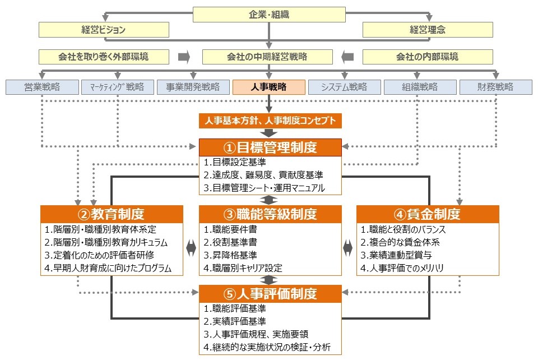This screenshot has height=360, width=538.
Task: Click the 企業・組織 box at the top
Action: point(269,15)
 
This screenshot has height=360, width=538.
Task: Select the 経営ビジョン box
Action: point(104,30)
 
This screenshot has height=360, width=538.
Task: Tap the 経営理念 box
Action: point(428,30)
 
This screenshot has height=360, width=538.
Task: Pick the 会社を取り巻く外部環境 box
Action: point(104,57)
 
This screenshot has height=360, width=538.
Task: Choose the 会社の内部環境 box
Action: point(428,57)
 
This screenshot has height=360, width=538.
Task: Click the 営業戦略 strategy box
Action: point(42,87)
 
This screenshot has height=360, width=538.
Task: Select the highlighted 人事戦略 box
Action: point(269,87)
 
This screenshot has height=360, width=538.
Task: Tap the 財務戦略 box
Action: point(495,87)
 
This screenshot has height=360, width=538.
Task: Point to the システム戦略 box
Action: point(345,87)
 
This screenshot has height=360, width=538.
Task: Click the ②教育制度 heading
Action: point(111,214)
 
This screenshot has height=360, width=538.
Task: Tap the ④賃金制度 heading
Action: point(427,214)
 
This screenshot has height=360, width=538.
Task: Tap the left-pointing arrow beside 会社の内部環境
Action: point(347,57)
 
